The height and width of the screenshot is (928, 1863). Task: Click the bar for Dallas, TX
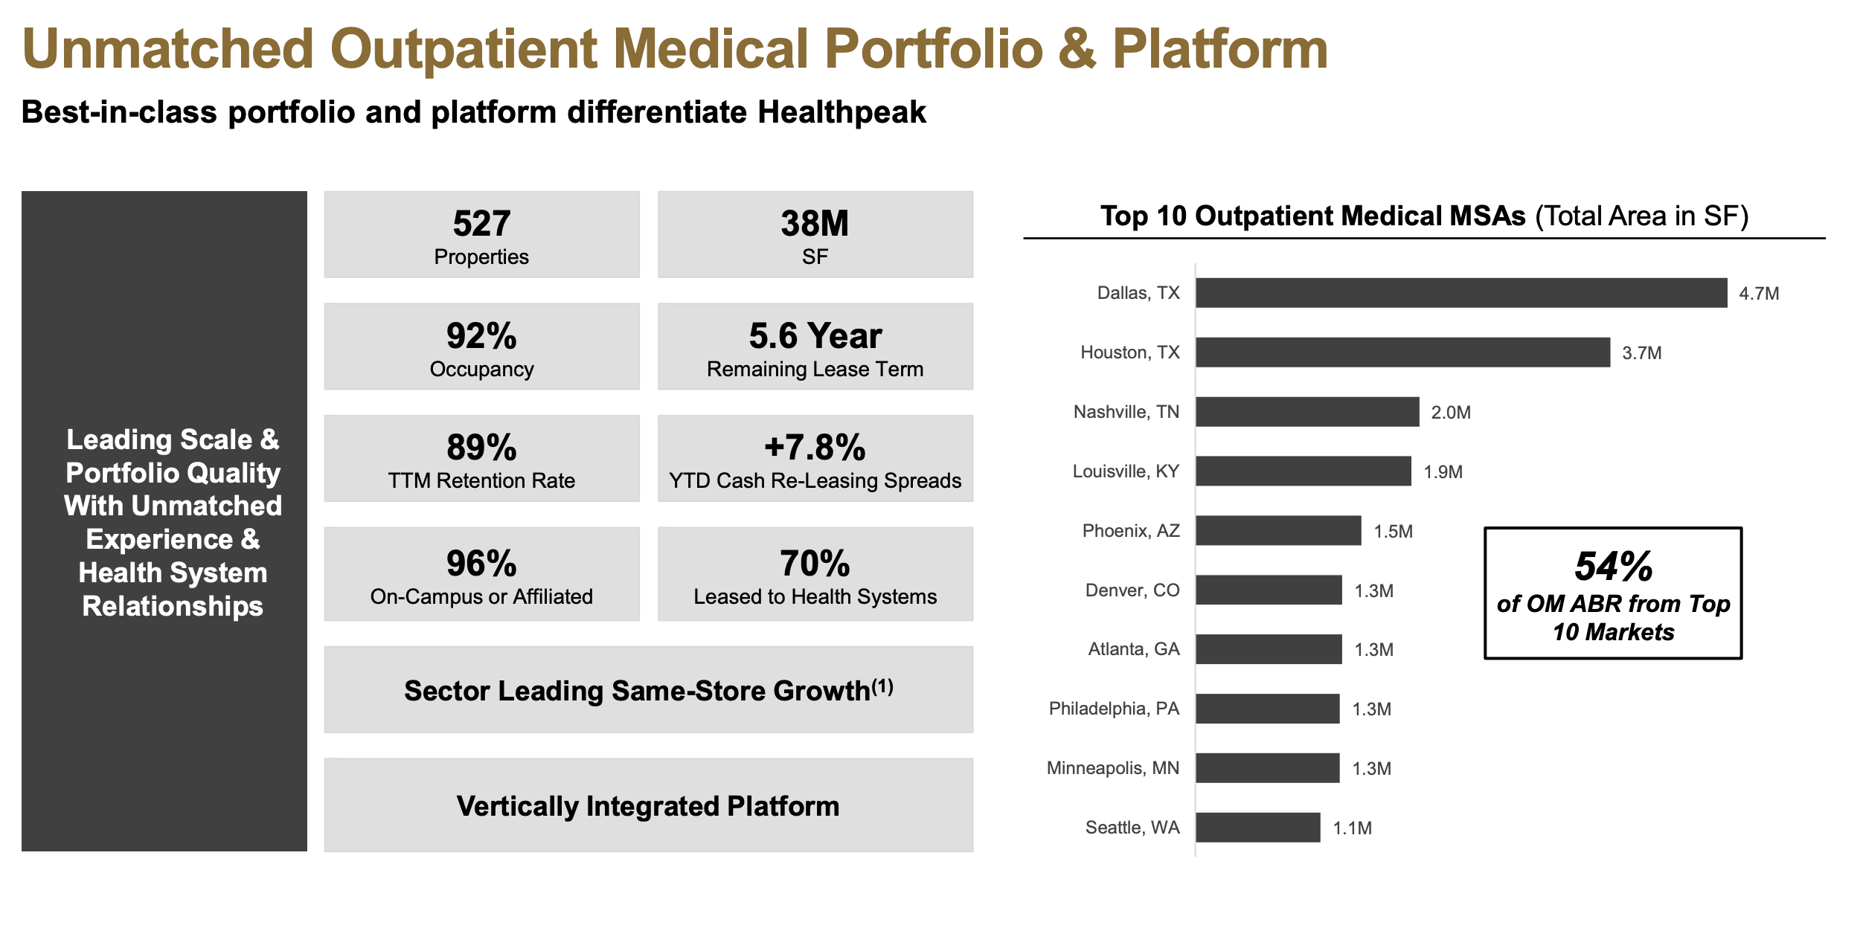[x=1460, y=293]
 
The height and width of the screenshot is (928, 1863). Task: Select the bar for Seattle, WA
[x=1257, y=828]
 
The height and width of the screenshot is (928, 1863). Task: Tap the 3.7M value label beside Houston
[x=1641, y=353]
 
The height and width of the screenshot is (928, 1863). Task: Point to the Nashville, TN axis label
[x=1126, y=412]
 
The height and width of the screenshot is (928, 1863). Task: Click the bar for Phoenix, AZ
[x=1278, y=531]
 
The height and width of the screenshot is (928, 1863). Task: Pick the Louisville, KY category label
[x=1125, y=471]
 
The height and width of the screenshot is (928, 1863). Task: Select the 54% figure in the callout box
[x=1613, y=567]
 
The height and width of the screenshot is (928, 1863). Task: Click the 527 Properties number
[x=481, y=224]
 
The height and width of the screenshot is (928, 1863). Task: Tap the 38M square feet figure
[x=815, y=224]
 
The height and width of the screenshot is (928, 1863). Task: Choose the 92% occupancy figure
[x=481, y=336]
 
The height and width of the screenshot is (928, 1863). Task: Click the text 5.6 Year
[x=815, y=336]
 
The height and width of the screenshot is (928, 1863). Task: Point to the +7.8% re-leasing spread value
[x=815, y=448]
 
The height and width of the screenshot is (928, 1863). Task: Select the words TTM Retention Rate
[x=481, y=481]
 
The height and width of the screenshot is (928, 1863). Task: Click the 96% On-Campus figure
[x=481, y=564]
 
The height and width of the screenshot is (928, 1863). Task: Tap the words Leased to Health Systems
[x=815, y=597]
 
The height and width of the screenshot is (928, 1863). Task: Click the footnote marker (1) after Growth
[x=882, y=686]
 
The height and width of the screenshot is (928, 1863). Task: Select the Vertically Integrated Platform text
[x=648, y=806]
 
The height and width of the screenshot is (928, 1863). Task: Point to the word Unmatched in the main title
[x=168, y=49]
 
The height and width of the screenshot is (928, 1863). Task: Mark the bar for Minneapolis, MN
[x=1267, y=768]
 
